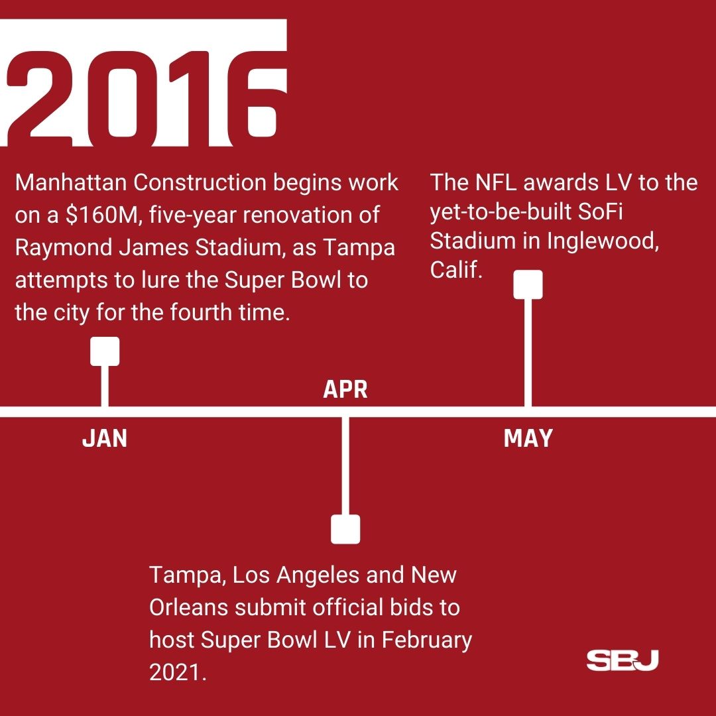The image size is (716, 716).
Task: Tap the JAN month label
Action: pos(105,438)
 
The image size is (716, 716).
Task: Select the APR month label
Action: pos(345,390)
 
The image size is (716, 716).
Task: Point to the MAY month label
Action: pos(528,438)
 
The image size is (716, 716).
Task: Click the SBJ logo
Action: pos(622,660)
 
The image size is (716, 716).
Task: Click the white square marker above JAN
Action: pos(105,351)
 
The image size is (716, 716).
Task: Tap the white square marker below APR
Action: pos(345,529)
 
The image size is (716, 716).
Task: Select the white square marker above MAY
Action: pos(528,284)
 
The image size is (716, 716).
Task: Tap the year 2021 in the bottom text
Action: pos(174,672)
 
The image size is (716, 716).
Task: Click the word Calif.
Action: pos(455,271)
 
